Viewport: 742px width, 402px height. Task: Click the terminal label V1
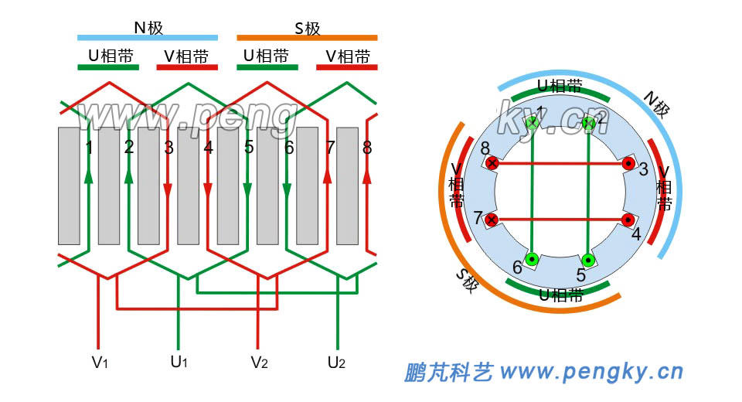pos(99,362)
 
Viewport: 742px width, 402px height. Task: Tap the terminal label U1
pos(179,362)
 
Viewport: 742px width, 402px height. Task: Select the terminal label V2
pos(259,362)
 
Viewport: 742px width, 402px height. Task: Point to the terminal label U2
pos(337,362)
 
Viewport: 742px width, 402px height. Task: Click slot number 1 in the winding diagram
pos(90,147)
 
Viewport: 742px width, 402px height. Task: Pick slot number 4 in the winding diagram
pos(208,147)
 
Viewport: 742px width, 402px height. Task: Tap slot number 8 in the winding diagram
pos(366,147)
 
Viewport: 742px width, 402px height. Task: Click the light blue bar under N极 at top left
pos(148,36)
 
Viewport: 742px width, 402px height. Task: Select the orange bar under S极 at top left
pos(307,36)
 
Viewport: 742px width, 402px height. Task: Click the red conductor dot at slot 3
pos(628,164)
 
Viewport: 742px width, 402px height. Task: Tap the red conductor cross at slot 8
pos(492,164)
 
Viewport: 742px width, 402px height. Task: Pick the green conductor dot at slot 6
pos(532,259)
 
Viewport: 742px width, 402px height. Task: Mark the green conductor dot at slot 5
pos(587,259)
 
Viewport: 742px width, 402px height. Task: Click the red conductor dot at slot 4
pos(628,220)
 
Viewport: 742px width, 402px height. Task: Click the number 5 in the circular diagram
pos(581,274)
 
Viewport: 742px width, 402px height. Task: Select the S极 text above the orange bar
pos(307,29)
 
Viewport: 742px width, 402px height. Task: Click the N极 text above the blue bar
pos(148,28)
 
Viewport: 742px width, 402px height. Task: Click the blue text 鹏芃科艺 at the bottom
pos(448,373)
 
